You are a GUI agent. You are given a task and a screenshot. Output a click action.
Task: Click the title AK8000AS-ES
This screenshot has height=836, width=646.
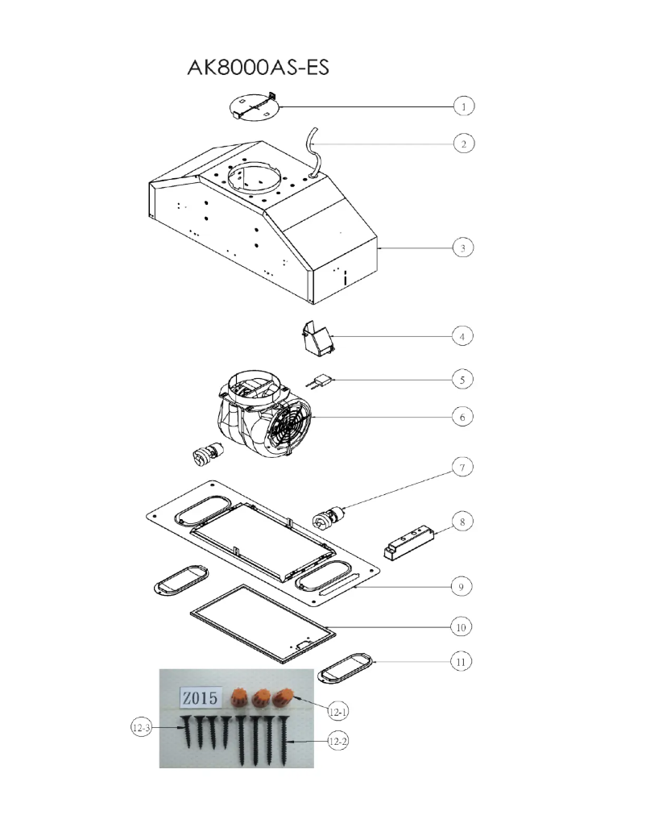click(259, 68)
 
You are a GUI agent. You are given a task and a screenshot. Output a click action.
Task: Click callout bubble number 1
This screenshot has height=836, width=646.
click(462, 106)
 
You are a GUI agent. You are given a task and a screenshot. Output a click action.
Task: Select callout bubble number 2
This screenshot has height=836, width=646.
click(462, 143)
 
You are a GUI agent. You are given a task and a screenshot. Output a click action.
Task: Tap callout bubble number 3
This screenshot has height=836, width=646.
click(462, 247)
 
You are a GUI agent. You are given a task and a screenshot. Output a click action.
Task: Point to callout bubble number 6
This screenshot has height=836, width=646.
click(462, 417)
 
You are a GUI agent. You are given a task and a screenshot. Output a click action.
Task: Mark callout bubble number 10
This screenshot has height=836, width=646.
click(462, 626)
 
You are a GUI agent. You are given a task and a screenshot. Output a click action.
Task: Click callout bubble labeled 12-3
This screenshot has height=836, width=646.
click(141, 728)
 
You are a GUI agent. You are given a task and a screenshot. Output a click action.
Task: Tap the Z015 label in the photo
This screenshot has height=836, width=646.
click(200, 698)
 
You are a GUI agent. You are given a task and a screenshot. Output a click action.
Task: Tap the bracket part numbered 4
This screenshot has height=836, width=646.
click(317, 337)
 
